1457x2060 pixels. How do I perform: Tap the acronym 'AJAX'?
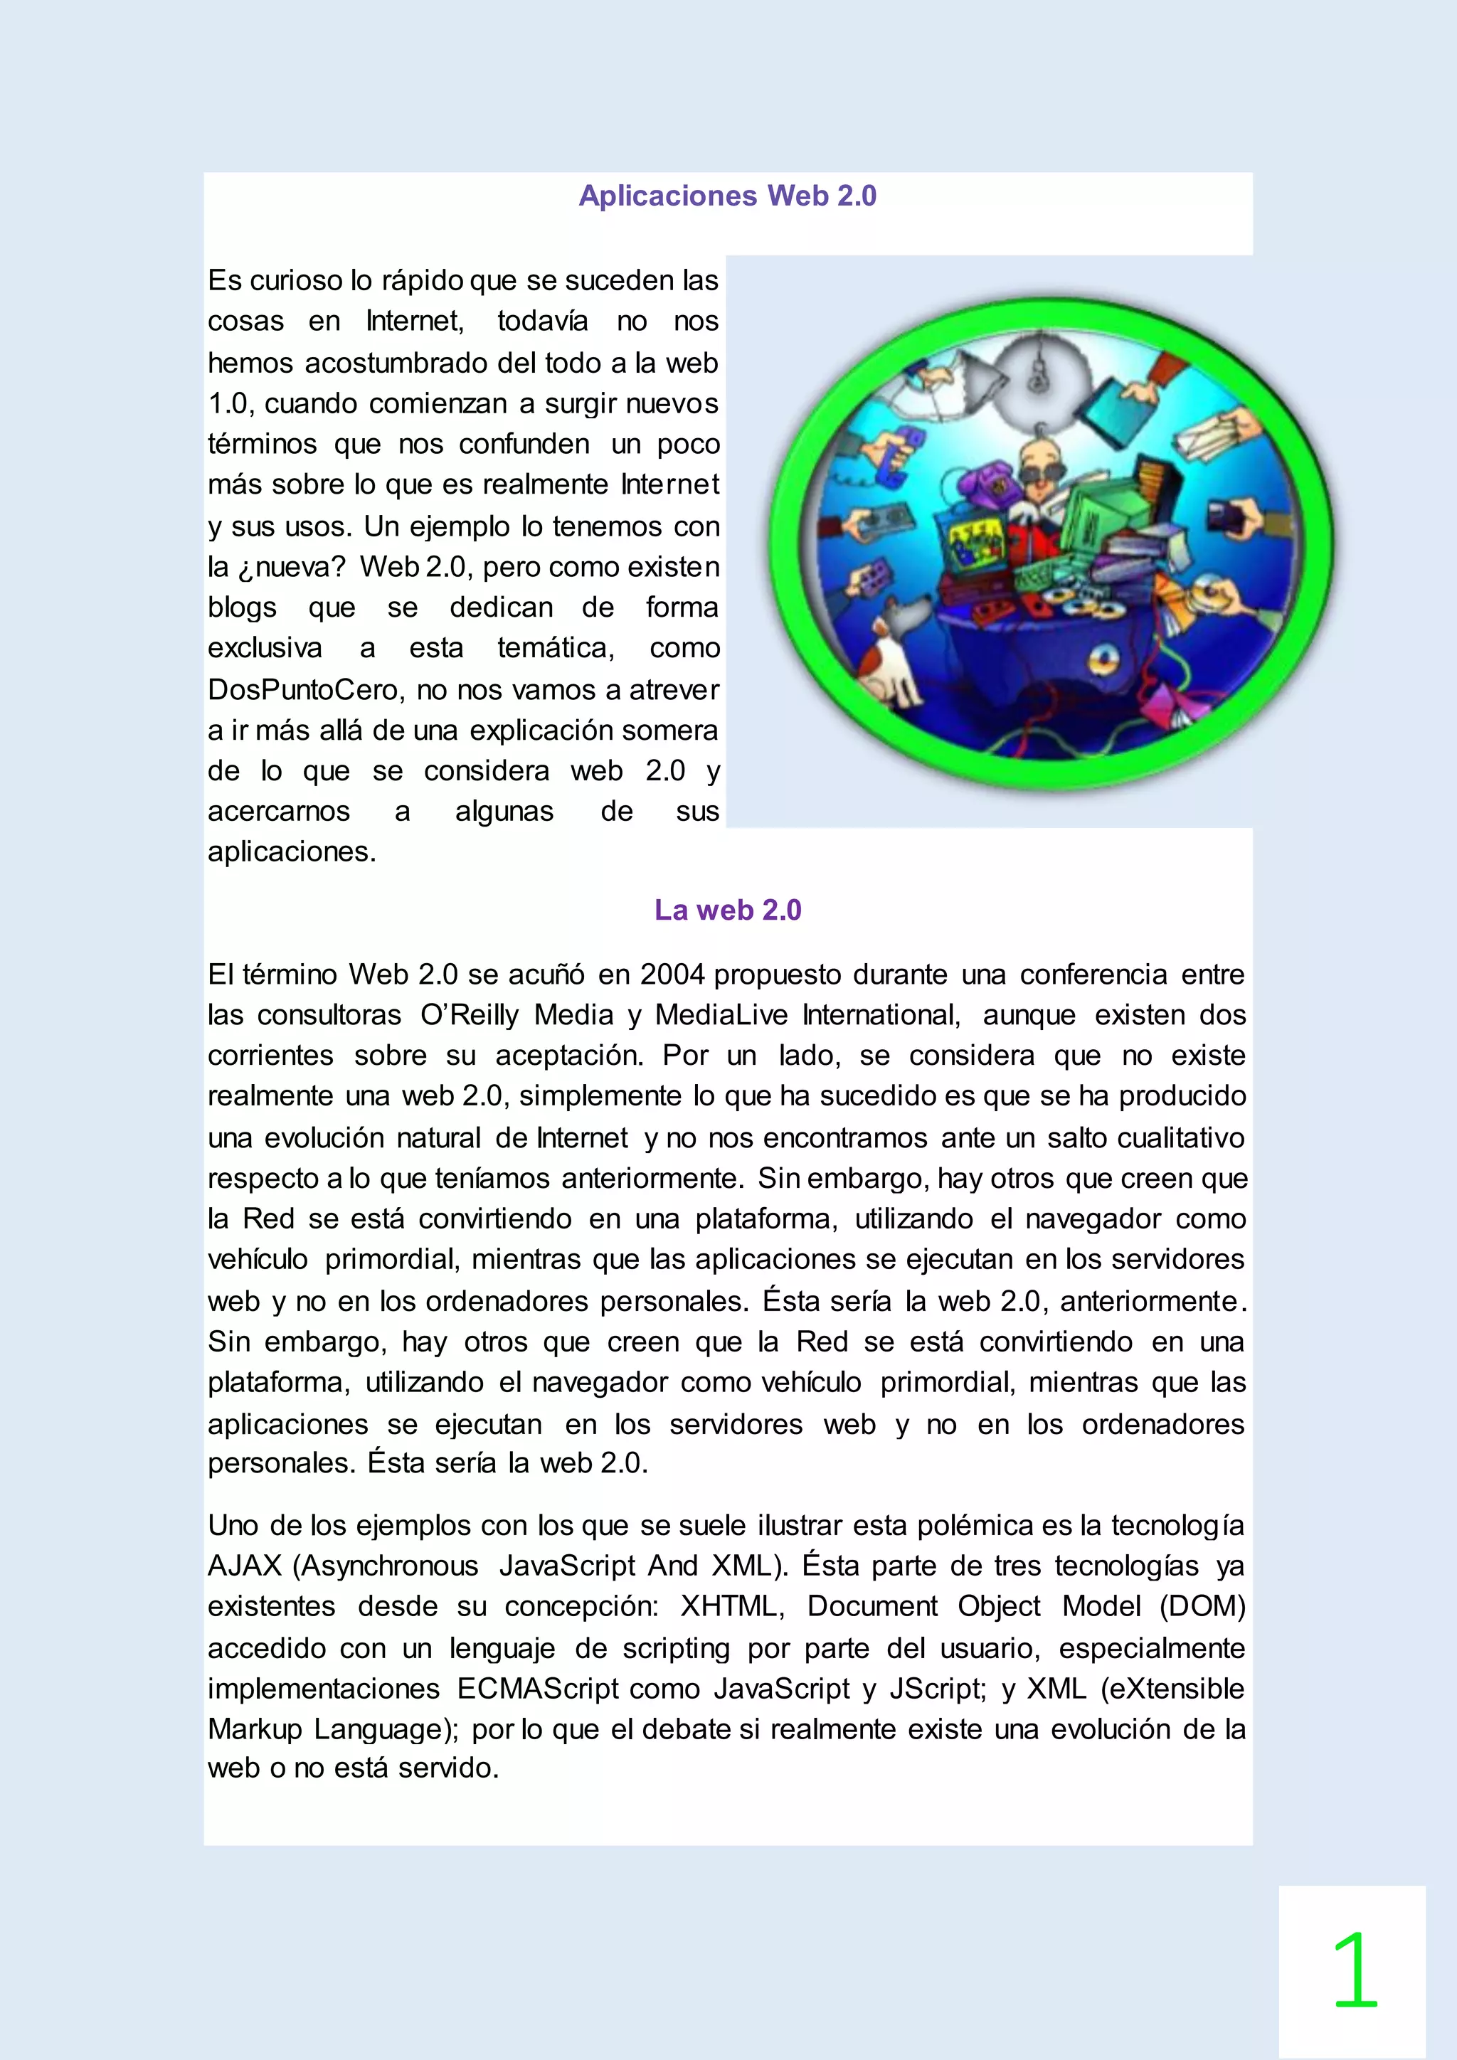pyautogui.click(x=245, y=1565)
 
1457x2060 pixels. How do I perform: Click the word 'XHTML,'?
pyautogui.click(x=732, y=1605)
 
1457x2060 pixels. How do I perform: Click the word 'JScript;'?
pyautogui.click(x=938, y=1688)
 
